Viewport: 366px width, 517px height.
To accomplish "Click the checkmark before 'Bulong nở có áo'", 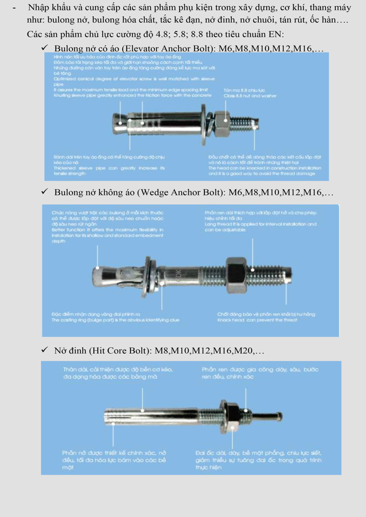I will point(46,48).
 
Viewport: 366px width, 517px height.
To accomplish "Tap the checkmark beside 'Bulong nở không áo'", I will point(46,192).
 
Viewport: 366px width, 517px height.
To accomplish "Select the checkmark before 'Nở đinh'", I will point(46,351).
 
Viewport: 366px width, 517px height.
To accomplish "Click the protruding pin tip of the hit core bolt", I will point(272,415).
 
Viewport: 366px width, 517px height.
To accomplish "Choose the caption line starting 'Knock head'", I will point(257,320).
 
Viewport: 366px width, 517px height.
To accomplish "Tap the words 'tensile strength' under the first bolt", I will point(69,174).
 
